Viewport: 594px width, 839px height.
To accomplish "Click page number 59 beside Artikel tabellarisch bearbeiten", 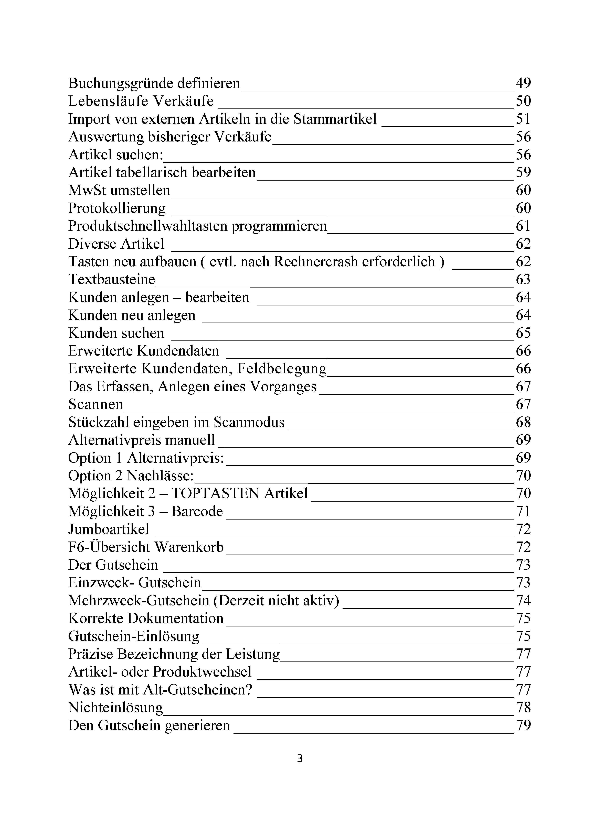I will pos(523,173).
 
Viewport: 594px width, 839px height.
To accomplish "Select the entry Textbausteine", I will pos(112,280).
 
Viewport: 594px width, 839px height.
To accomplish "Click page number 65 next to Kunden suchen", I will pos(523,333).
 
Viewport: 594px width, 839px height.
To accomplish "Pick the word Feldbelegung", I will pos(282,369).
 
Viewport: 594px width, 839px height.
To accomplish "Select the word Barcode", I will pos(197,511).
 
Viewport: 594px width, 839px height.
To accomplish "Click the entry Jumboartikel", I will pos(109,529).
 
